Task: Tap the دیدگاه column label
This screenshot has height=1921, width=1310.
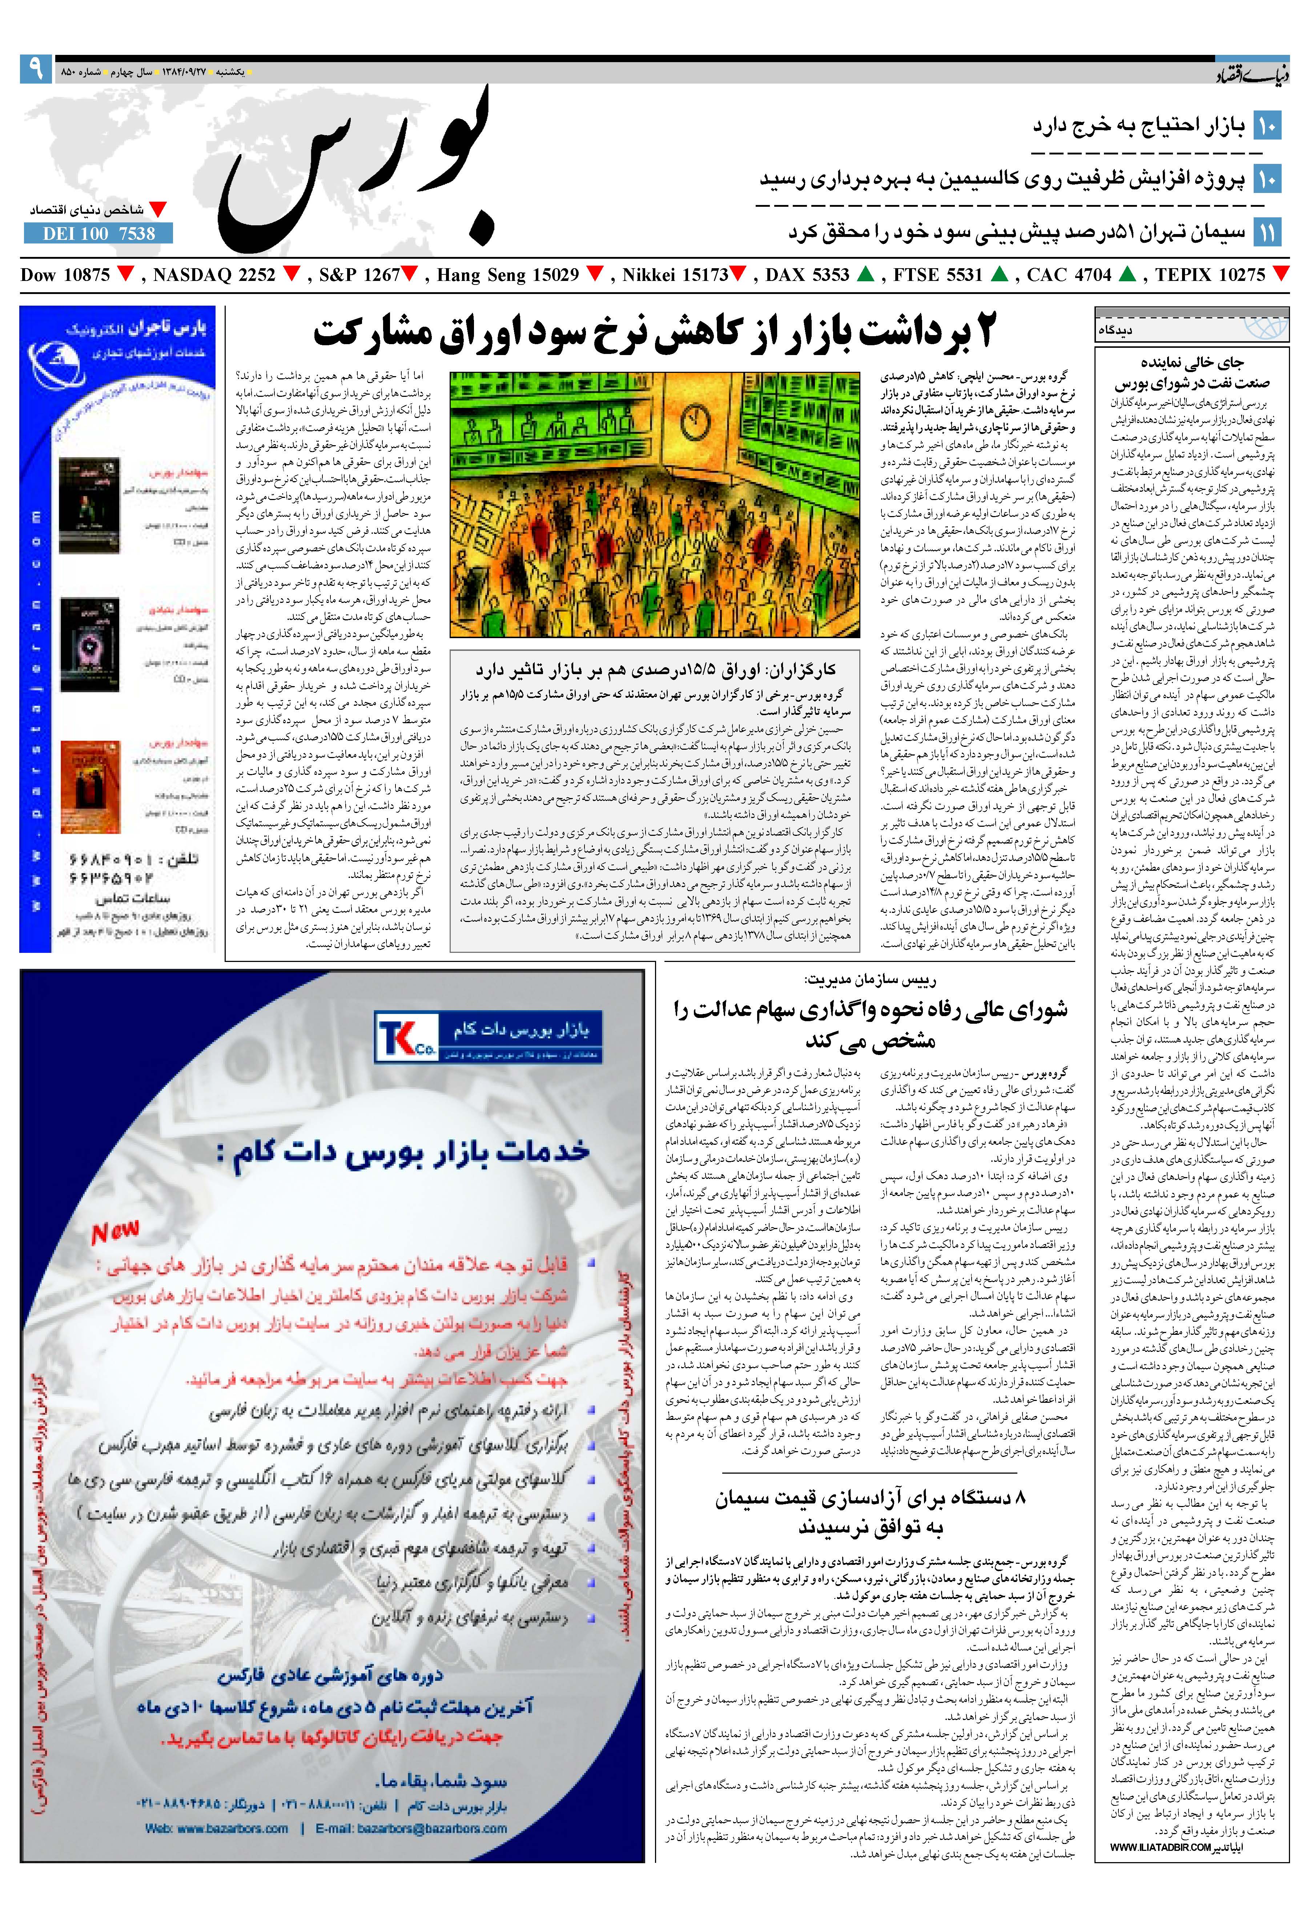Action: point(1139,330)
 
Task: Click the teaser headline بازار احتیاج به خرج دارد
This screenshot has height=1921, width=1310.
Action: point(1138,126)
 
